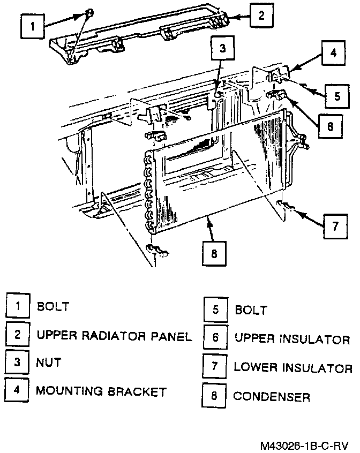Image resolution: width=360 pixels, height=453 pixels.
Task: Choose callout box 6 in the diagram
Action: pos(329,127)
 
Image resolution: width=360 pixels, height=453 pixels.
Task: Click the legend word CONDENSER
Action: pos(272,397)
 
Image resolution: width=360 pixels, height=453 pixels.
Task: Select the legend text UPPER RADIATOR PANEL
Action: pos(114,336)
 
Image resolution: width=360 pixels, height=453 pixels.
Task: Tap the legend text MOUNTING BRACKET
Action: pos(101,391)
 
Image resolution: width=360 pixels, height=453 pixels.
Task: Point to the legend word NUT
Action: pos(49,363)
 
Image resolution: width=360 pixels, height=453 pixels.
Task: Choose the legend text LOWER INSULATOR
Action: pos(293,368)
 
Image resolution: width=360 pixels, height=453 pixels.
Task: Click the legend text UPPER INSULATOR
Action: pos(292,339)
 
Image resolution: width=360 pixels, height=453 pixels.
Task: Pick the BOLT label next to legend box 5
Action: pos(251,311)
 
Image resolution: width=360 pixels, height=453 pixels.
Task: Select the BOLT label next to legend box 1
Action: pos(53,307)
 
